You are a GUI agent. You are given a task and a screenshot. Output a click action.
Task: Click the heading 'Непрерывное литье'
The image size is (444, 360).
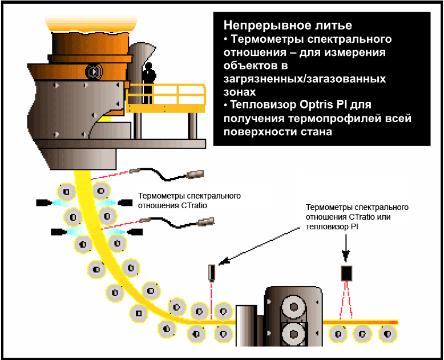(x=288, y=26)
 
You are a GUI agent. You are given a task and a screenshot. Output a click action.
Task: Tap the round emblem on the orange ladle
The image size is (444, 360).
(x=92, y=72)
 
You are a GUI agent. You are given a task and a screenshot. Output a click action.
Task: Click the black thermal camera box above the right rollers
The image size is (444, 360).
(x=346, y=273)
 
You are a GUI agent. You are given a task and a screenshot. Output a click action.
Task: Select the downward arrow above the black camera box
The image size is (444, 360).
(x=346, y=254)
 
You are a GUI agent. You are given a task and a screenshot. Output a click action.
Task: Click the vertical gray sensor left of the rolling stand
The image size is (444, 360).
(x=212, y=273)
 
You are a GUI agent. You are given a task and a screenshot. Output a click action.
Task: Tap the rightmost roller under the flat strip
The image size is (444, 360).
(x=388, y=333)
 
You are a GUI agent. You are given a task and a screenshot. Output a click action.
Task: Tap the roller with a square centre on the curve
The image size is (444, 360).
(x=139, y=313)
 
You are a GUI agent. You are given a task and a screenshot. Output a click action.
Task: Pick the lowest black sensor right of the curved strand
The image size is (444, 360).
(x=135, y=232)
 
